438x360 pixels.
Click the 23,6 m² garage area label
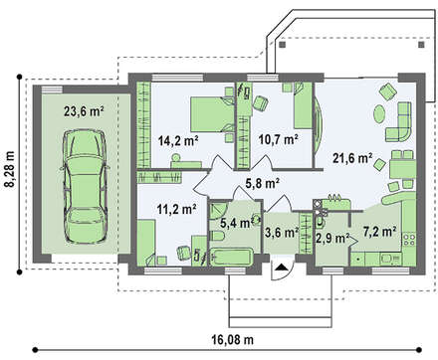(84, 111)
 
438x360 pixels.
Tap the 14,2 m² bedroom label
(178, 141)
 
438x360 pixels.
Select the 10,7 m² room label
(278, 140)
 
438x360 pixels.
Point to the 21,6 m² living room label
(352, 158)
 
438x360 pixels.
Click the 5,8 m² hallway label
(262, 183)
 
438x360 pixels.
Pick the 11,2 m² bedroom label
(176, 209)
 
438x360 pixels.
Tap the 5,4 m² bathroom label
(235, 223)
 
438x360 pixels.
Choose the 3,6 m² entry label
(282, 232)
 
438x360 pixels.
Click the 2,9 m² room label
(332, 238)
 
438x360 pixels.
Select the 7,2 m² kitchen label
(379, 232)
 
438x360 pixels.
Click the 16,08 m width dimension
(232, 339)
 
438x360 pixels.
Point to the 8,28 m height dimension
(11, 169)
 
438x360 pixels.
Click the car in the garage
(85, 186)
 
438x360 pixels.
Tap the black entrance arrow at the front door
(281, 267)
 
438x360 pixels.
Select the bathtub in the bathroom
(231, 258)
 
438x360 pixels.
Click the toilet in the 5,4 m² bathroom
(218, 237)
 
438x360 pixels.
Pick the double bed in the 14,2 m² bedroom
(212, 114)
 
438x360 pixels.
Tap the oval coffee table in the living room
(379, 114)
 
